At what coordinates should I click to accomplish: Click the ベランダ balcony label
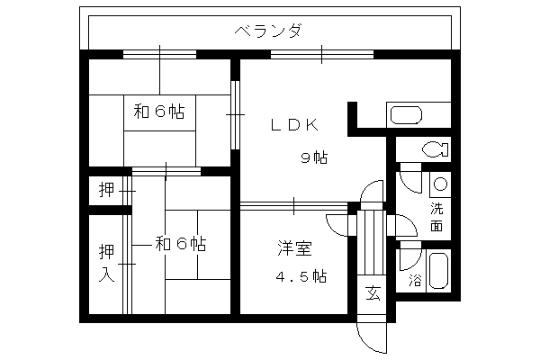(269, 31)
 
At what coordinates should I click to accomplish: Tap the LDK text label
(295, 125)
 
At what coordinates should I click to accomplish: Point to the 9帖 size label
(314, 157)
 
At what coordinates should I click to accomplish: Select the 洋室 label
(295, 248)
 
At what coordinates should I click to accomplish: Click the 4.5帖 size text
(301, 276)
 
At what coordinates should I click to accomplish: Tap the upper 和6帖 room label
(159, 112)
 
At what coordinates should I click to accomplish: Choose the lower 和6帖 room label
(181, 244)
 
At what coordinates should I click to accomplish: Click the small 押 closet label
(106, 190)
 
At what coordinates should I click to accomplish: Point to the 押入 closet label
(106, 263)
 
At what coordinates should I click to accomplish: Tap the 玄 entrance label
(373, 292)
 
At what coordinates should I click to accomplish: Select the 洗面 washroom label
(436, 217)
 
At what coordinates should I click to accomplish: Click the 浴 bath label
(415, 281)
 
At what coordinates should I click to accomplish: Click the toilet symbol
(436, 149)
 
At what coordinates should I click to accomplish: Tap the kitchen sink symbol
(406, 115)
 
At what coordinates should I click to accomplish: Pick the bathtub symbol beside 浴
(438, 271)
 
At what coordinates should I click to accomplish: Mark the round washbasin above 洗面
(440, 184)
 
